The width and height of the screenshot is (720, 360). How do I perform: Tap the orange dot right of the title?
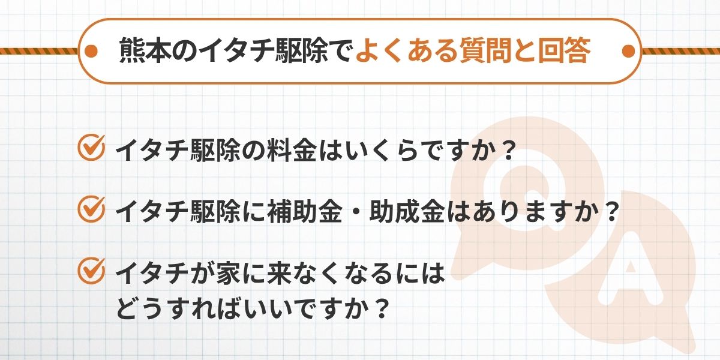[629, 51]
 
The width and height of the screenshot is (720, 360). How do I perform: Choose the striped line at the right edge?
[681, 52]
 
